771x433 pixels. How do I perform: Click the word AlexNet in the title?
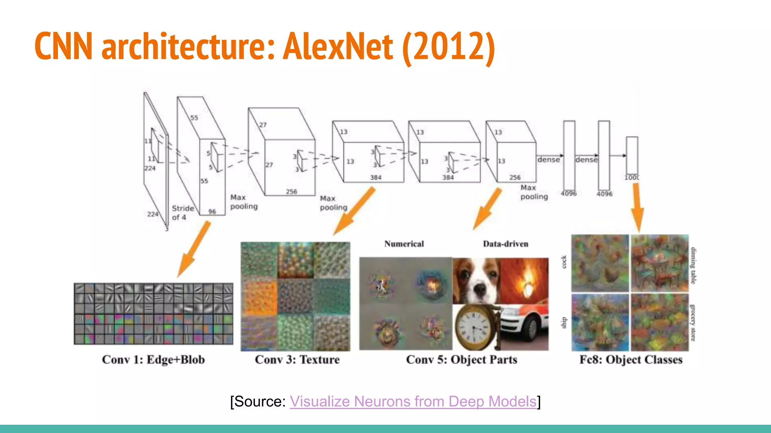(x=338, y=47)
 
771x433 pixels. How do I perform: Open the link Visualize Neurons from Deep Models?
(x=413, y=401)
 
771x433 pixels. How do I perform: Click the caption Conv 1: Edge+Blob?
(x=153, y=360)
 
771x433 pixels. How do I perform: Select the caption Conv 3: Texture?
(x=297, y=360)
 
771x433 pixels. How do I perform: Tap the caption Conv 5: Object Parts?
(x=462, y=360)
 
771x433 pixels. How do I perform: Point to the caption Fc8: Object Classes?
(x=631, y=360)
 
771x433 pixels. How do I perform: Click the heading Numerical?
(x=404, y=244)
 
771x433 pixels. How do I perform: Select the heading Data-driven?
(x=506, y=244)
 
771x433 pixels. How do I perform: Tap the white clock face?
(x=473, y=325)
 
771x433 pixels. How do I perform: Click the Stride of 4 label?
(x=182, y=213)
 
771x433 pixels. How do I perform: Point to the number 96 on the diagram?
(x=212, y=212)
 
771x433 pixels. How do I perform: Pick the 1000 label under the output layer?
(x=632, y=177)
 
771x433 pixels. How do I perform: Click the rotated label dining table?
(x=693, y=265)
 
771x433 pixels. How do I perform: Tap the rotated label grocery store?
(x=692, y=323)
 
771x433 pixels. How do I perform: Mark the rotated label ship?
(x=564, y=322)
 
